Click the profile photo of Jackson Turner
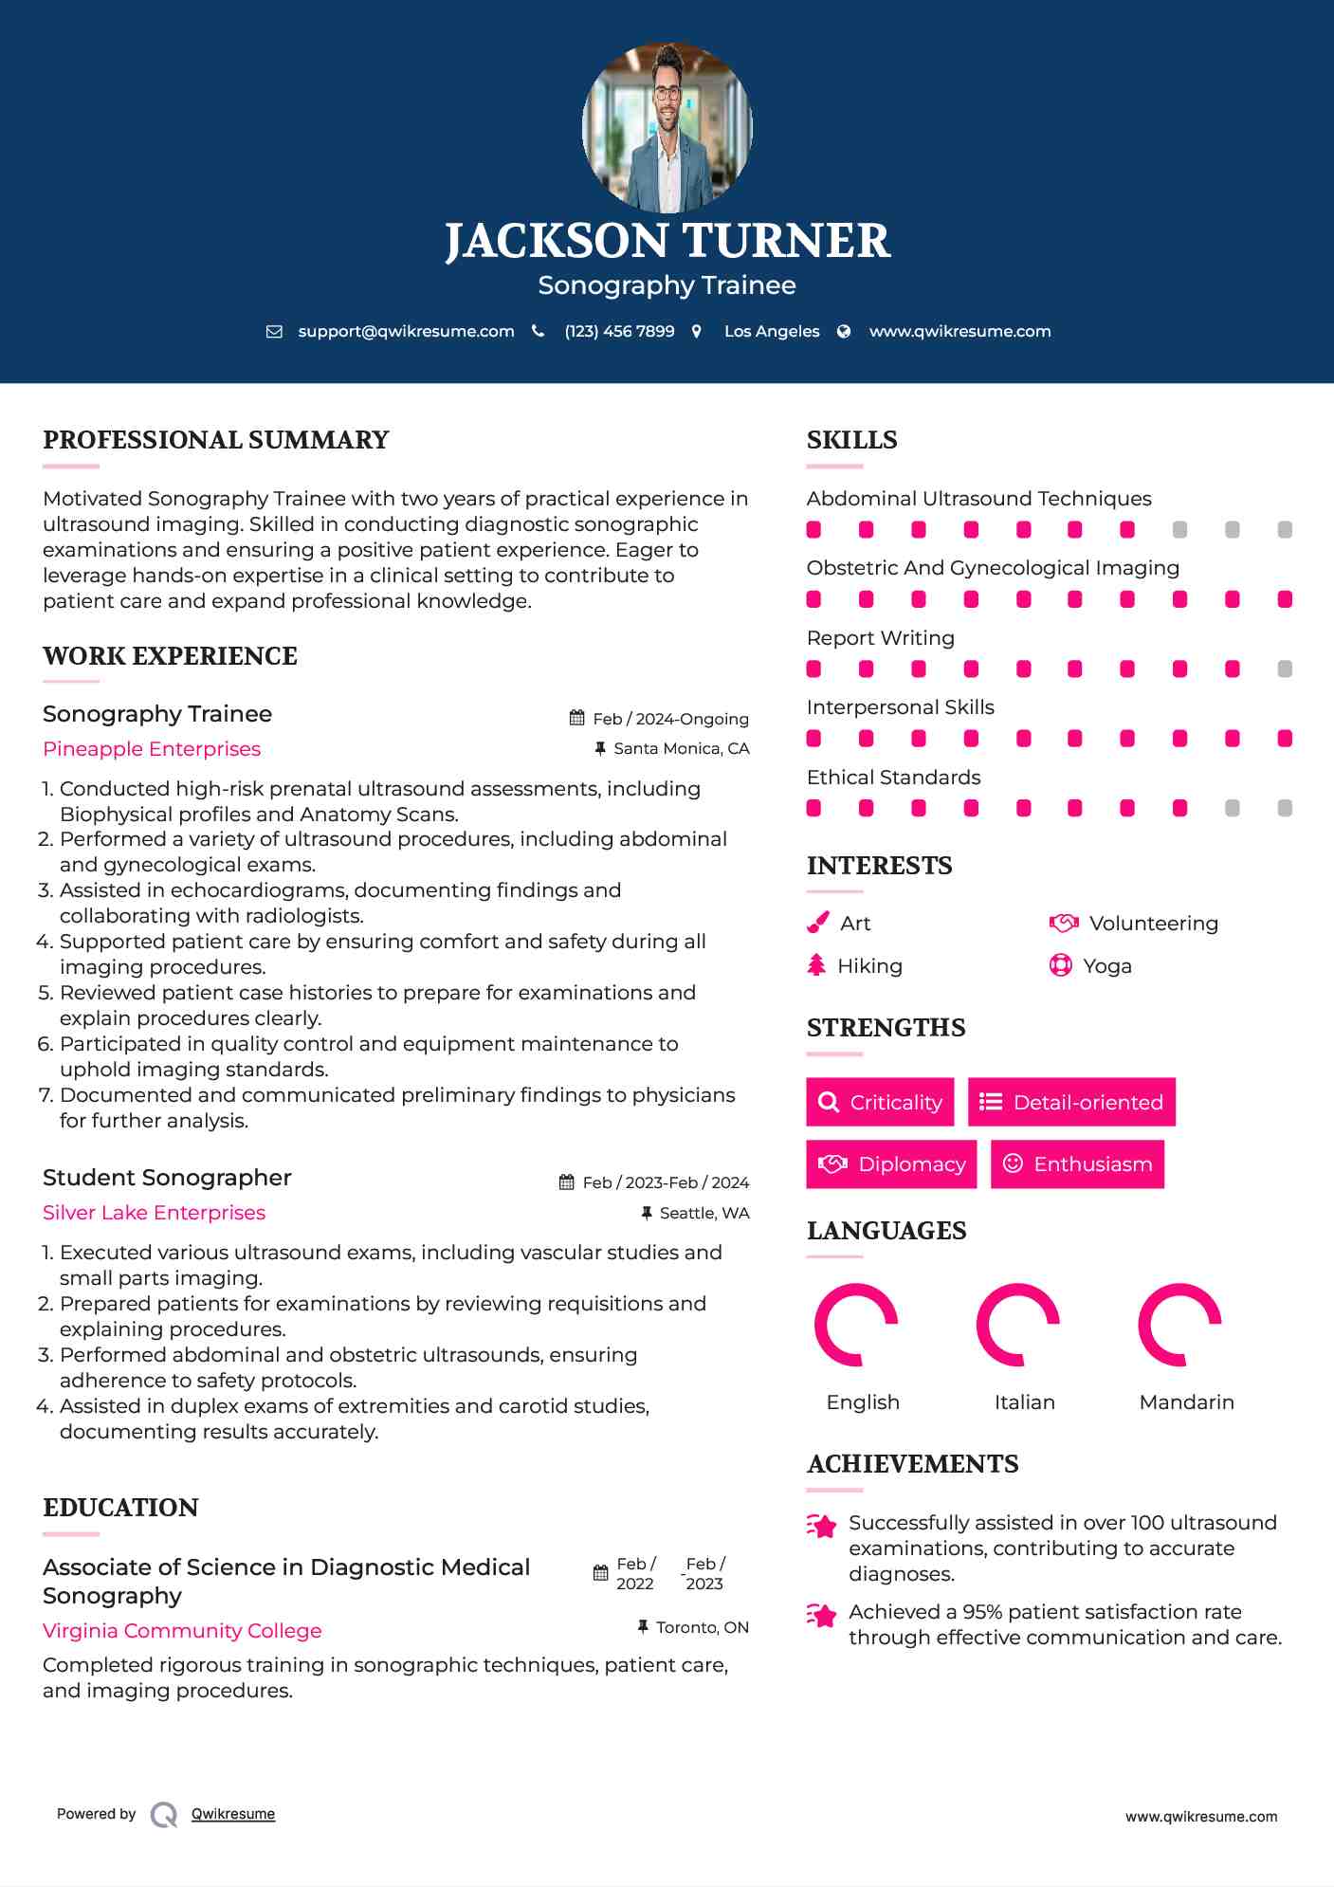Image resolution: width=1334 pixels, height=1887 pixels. click(x=667, y=127)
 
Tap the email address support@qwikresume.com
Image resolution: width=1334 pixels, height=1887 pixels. click(x=406, y=331)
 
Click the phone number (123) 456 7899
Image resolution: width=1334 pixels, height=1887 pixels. click(x=619, y=331)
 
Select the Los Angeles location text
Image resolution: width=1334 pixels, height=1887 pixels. click(x=771, y=331)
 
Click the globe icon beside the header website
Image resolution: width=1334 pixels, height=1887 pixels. click(x=844, y=331)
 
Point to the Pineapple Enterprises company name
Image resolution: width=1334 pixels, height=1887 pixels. click(x=152, y=749)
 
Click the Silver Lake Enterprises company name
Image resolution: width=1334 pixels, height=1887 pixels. click(x=154, y=1213)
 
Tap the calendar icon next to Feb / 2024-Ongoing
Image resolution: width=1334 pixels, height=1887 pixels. click(x=576, y=718)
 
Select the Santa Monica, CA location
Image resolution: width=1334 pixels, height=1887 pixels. click(x=681, y=748)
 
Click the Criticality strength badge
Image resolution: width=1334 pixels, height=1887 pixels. click(x=880, y=1102)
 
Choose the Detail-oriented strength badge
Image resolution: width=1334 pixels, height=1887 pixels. click(x=1071, y=1102)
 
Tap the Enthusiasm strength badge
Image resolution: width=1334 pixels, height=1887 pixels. click(x=1077, y=1163)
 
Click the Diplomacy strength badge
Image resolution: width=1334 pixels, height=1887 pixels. click(x=891, y=1163)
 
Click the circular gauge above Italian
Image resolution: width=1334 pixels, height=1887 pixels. click(x=1018, y=1325)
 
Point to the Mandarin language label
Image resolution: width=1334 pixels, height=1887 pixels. click(x=1186, y=1402)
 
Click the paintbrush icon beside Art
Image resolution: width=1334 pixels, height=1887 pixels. click(x=817, y=923)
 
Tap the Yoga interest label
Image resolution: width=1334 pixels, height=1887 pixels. click(x=1106, y=965)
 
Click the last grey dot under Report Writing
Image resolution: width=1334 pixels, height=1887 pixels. click(x=1285, y=669)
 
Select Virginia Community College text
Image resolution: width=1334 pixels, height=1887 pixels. click(x=182, y=1631)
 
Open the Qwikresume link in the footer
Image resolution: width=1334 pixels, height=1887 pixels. click(x=233, y=1814)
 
